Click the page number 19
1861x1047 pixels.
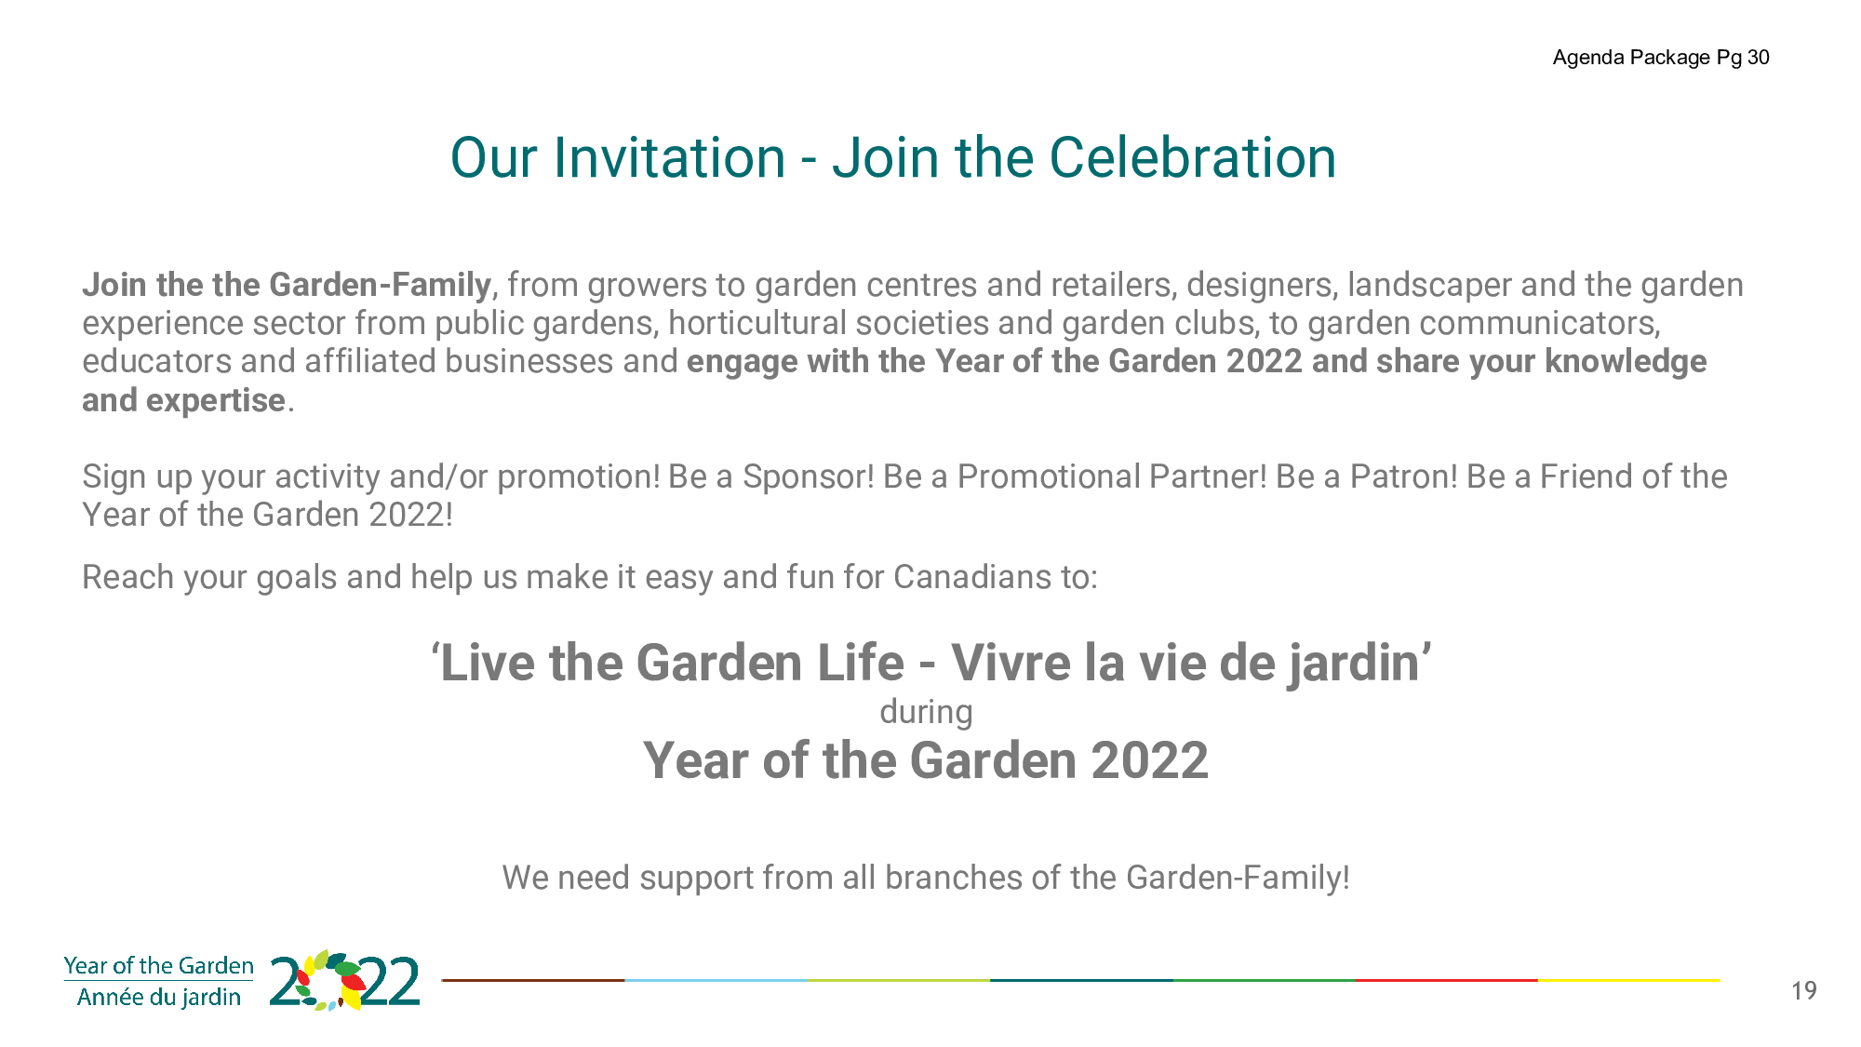pyautogui.click(x=1803, y=991)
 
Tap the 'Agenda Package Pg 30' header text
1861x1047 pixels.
pyautogui.click(x=1661, y=58)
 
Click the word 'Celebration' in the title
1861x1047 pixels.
pyautogui.click(x=1193, y=157)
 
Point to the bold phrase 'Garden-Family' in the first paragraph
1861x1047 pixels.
pyautogui.click(x=380, y=285)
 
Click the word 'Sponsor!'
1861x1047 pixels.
pyautogui.click(x=809, y=477)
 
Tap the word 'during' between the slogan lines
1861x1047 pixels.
pyautogui.click(x=926, y=712)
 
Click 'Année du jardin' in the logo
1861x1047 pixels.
pyautogui.click(x=159, y=998)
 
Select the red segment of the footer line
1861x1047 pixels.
pyautogui.click(x=1447, y=980)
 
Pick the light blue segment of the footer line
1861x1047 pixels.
pyautogui.click(x=716, y=980)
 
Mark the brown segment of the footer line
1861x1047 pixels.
pyautogui.click(x=532, y=980)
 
